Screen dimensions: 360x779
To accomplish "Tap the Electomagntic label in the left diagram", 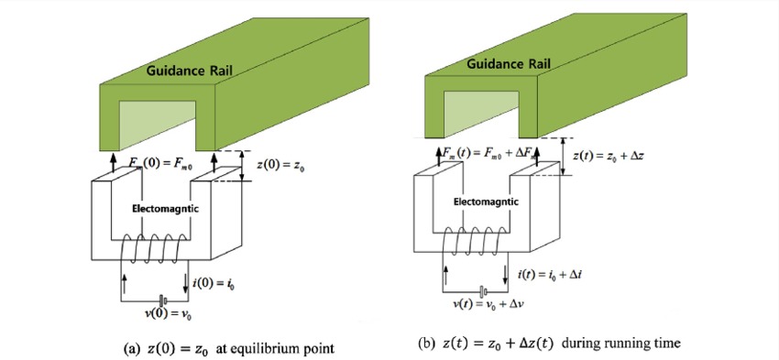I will click(x=156, y=208).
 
